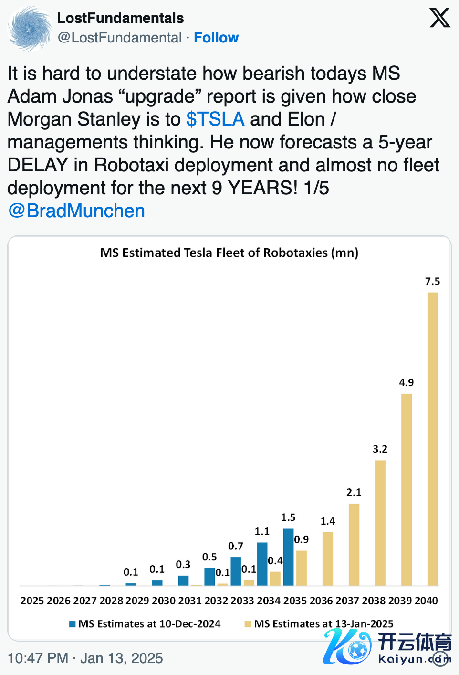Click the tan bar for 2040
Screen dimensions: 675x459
pyautogui.click(x=432, y=439)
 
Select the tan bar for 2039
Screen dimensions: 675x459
pyautogui.click(x=406, y=489)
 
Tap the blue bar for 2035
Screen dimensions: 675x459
pyautogui.click(x=288, y=557)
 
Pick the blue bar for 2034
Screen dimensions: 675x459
pyautogui.click(x=262, y=564)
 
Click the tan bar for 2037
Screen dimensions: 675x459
pyautogui.click(x=354, y=545)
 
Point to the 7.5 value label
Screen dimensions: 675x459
pyautogui.click(x=432, y=282)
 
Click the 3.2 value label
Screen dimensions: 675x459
pyautogui.click(x=380, y=449)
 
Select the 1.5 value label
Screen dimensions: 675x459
pyautogui.click(x=288, y=517)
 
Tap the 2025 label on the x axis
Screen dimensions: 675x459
pyautogui.click(x=32, y=601)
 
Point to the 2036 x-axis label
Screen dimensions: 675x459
pyautogui.click(x=321, y=601)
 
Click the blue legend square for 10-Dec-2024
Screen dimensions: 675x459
pyautogui.click(x=73, y=624)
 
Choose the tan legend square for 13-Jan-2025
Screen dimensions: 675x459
pyautogui.click(x=248, y=624)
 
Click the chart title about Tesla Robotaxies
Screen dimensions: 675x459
pyautogui.click(x=229, y=253)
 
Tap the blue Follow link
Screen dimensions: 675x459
pyautogui.click(x=216, y=38)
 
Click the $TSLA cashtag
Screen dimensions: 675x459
pyautogui.click(x=215, y=119)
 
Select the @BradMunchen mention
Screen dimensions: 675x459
pyautogui.click(x=76, y=211)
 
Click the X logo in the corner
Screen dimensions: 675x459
pyautogui.click(x=439, y=18)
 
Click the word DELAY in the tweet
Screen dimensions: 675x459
pyautogui.click(x=38, y=165)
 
